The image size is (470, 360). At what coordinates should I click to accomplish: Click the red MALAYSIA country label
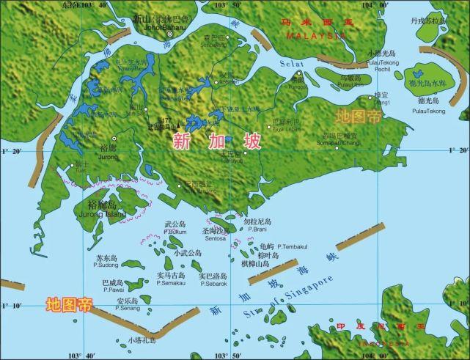coord(316,34)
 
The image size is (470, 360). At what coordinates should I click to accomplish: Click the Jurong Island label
coord(106,214)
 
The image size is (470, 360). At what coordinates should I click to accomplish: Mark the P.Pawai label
coord(112,290)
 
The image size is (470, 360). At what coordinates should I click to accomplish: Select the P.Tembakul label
coord(290,247)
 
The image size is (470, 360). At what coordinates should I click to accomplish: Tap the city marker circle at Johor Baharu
coord(170,34)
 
